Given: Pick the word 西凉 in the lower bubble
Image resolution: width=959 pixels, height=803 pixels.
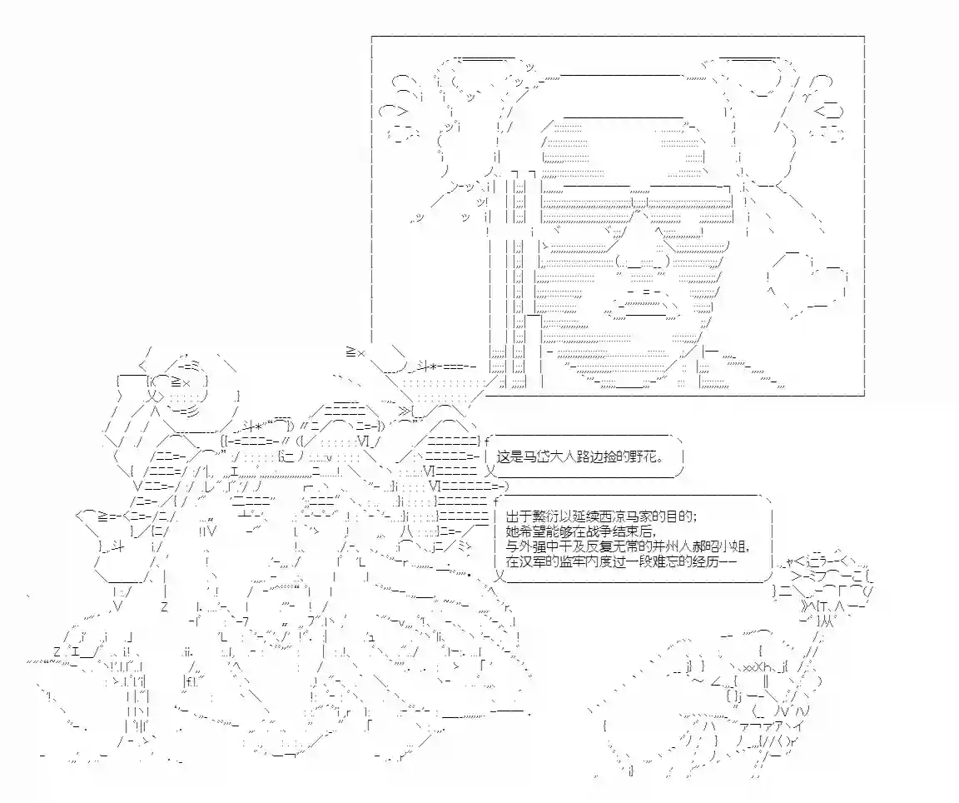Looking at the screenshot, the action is (617, 516).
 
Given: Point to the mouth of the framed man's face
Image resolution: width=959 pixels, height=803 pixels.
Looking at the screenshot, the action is (642, 306).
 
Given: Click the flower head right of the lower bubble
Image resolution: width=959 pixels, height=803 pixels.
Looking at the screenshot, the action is (826, 587).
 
